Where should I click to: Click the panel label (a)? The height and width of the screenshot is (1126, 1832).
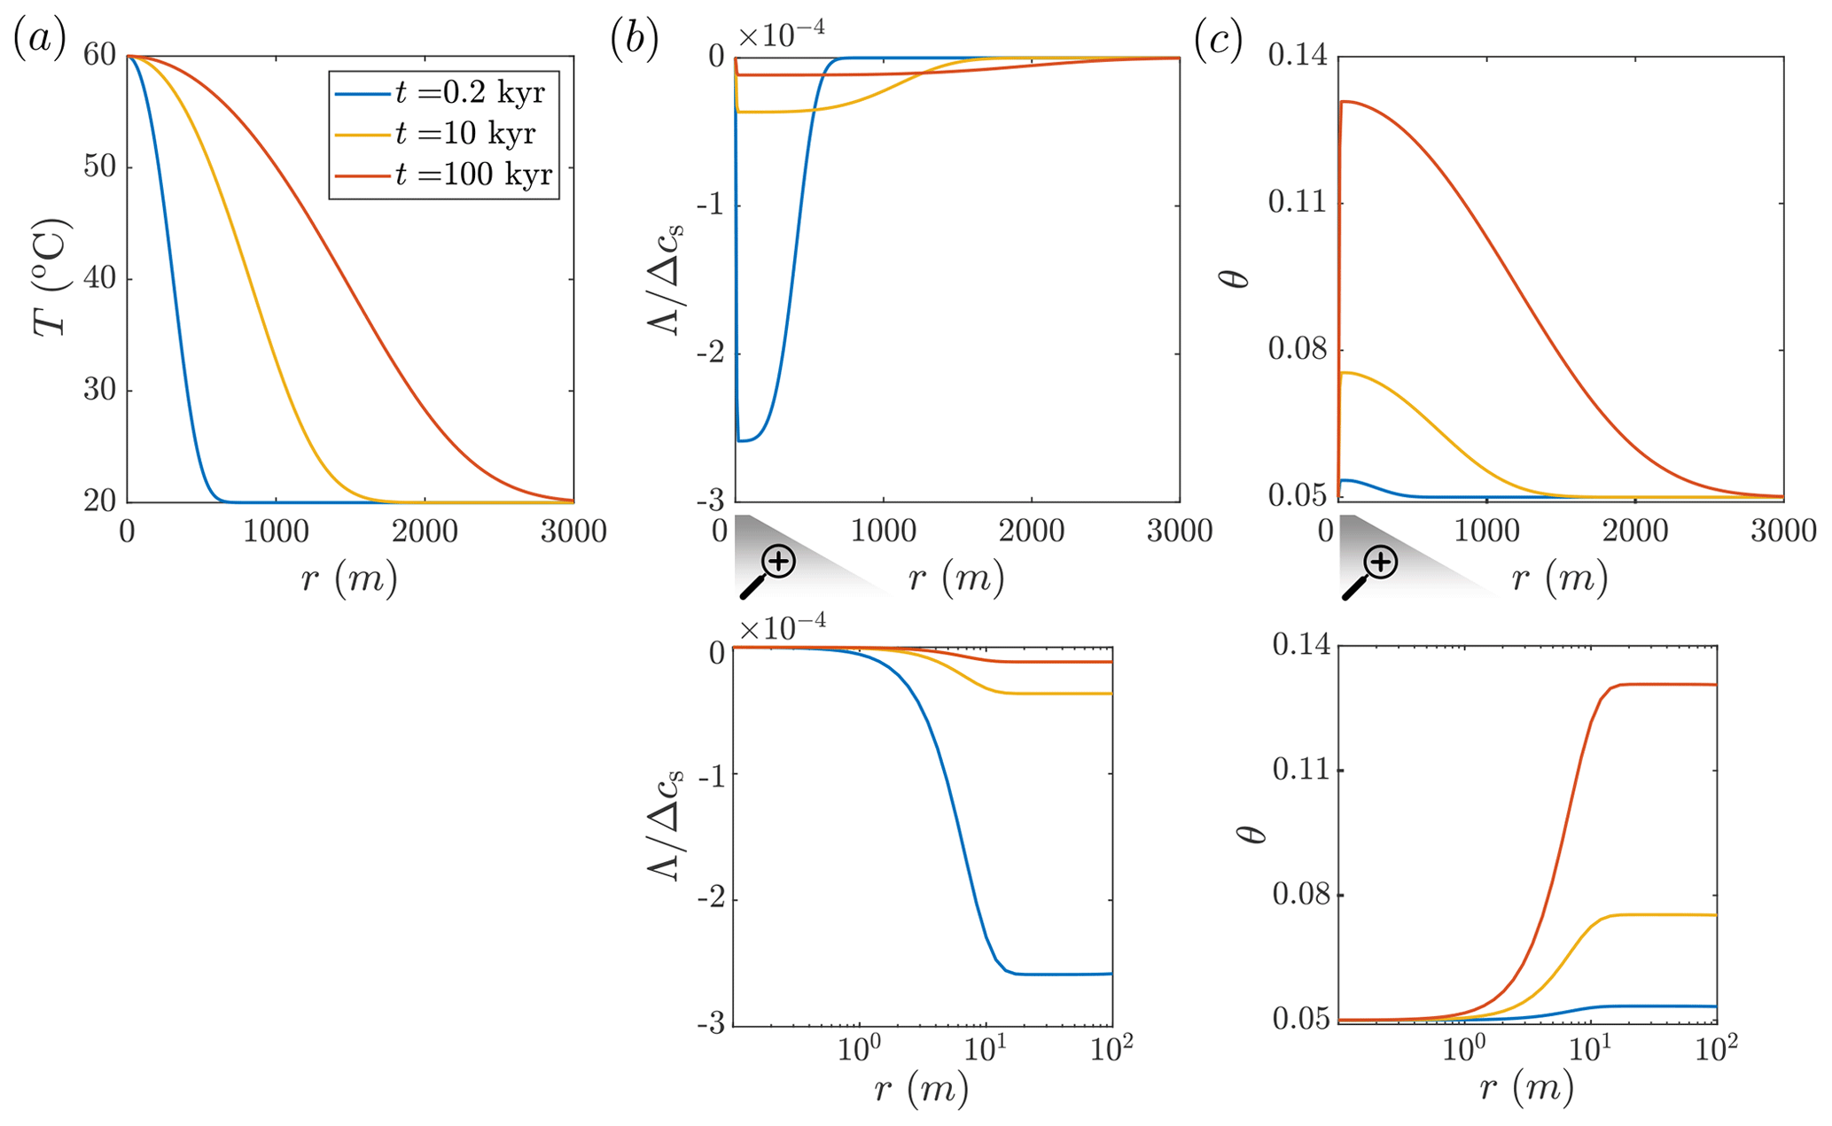click(x=40, y=41)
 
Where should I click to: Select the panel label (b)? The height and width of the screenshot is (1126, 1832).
click(x=634, y=41)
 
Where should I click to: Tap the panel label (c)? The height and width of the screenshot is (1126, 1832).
click(x=1218, y=41)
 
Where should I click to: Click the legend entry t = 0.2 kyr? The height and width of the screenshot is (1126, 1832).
click(x=470, y=93)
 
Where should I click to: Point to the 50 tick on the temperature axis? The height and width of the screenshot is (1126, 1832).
click(x=100, y=167)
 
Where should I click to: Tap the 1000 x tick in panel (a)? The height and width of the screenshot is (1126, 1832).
click(x=276, y=532)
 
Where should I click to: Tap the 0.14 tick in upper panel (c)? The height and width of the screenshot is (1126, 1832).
click(x=1298, y=56)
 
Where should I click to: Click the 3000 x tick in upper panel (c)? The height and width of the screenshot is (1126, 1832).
click(x=1782, y=532)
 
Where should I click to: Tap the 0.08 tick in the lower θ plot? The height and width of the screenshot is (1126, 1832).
click(x=1302, y=895)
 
